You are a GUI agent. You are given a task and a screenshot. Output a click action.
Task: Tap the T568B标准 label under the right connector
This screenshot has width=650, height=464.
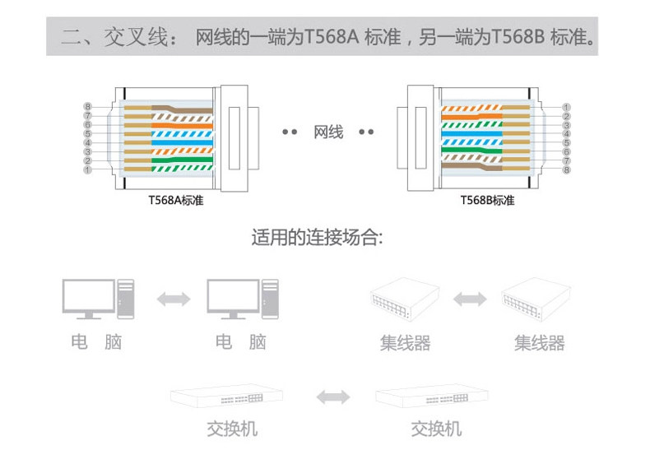[487, 201]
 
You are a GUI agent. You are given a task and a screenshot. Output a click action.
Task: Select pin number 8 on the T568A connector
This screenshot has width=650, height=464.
[87, 107]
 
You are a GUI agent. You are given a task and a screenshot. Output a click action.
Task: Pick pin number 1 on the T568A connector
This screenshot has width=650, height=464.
[87, 170]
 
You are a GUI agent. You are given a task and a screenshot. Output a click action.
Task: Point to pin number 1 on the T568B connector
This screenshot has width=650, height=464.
[566, 107]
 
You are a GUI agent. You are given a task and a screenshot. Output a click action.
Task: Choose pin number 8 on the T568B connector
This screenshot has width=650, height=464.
[566, 170]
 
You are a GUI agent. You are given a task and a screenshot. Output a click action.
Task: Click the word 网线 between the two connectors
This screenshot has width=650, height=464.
[328, 132]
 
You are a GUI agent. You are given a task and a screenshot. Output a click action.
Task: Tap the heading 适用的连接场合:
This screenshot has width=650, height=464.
[317, 239]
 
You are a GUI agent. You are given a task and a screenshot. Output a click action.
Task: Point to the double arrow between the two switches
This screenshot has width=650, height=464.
[332, 397]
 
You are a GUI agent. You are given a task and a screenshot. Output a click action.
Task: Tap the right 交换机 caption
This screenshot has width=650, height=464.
[436, 429]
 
